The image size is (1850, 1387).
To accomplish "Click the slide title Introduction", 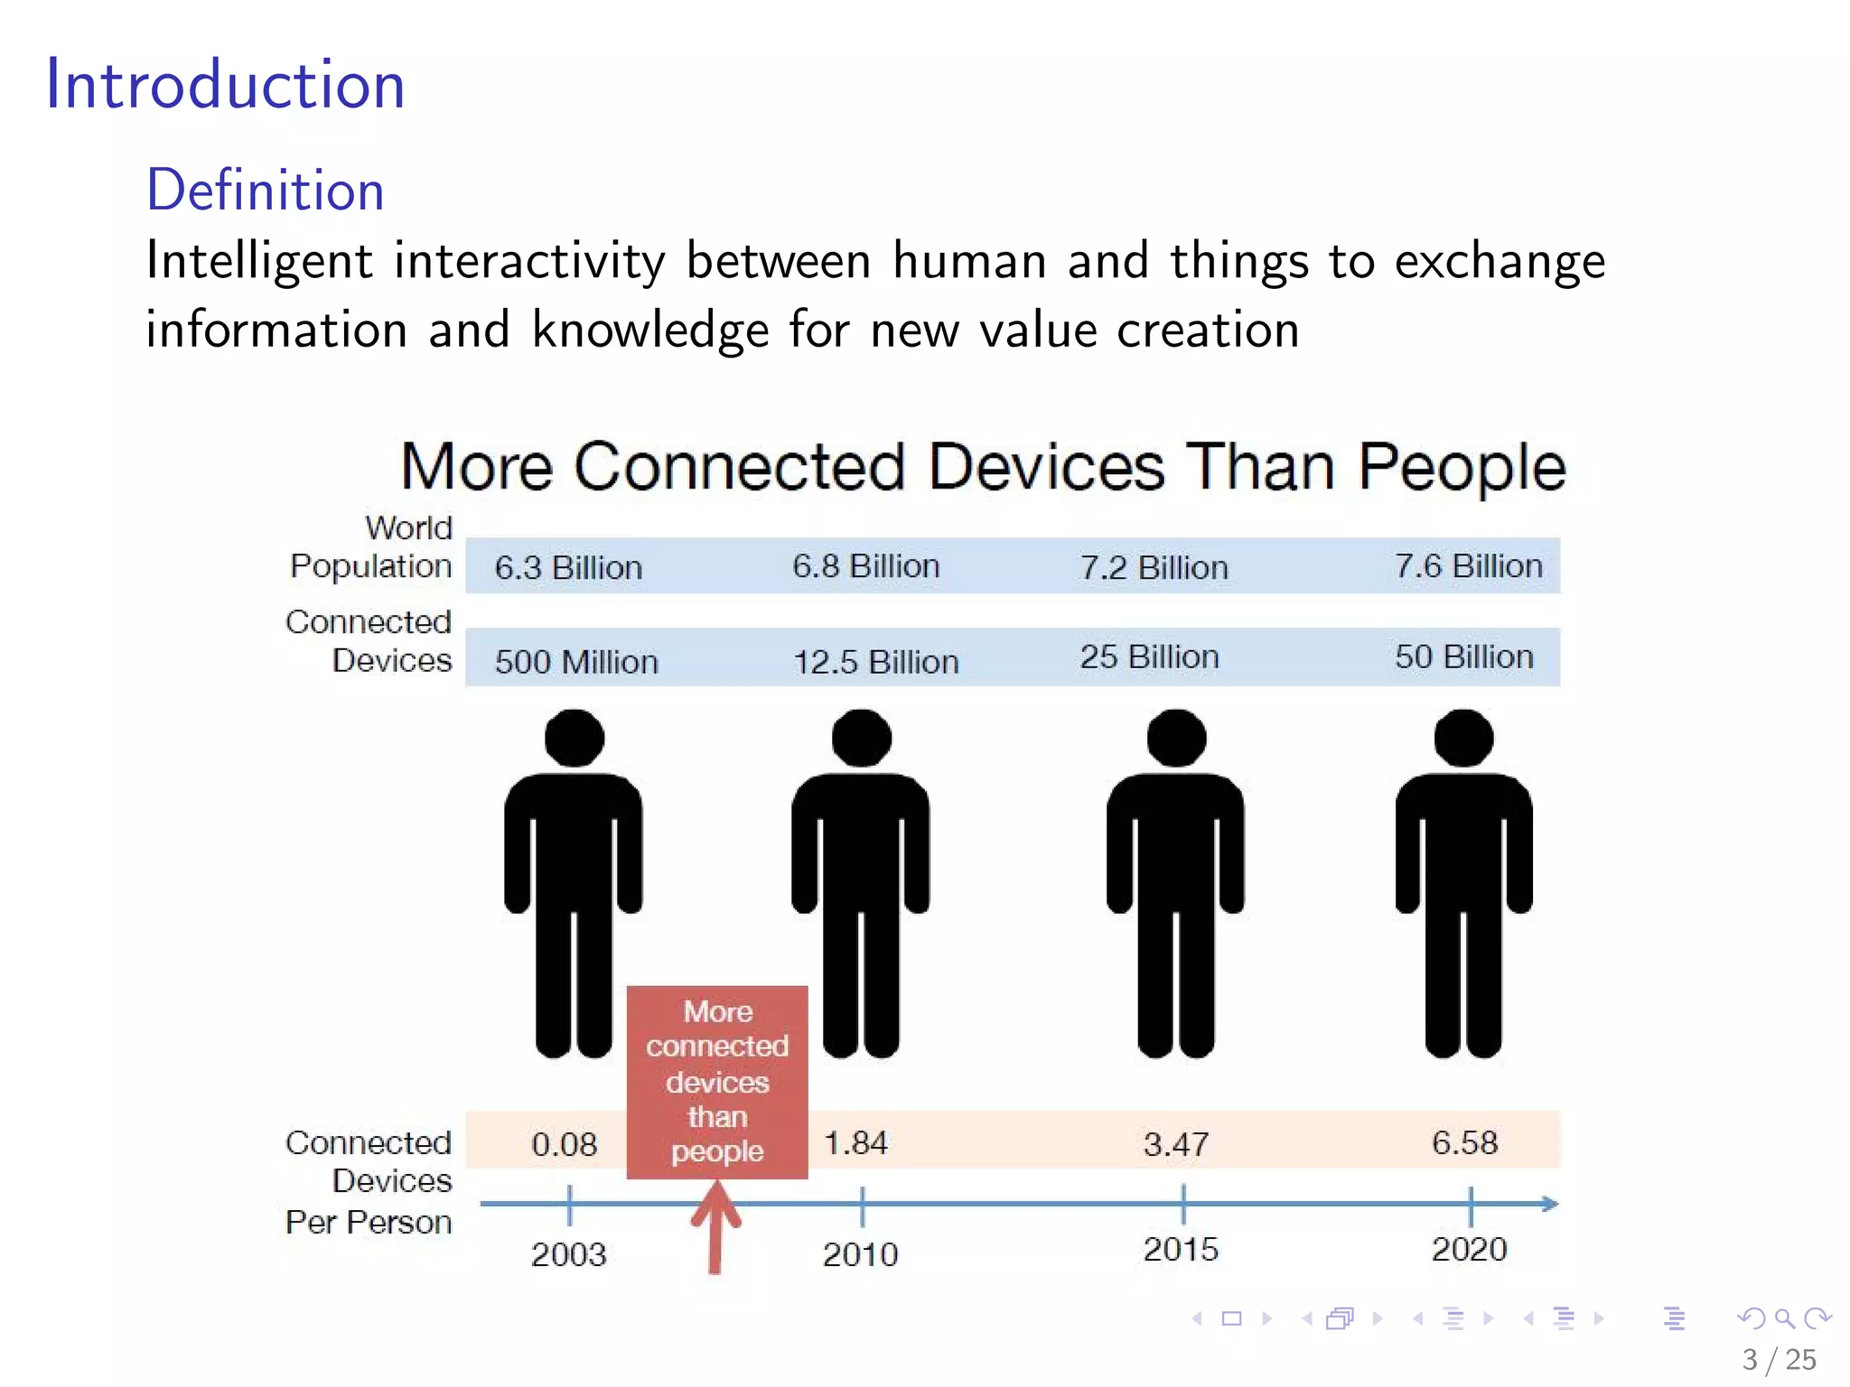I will click(225, 84).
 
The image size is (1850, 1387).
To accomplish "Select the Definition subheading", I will click(266, 190).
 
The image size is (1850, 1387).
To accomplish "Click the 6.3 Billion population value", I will click(568, 568).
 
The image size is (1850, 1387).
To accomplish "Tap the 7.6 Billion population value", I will click(1469, 566).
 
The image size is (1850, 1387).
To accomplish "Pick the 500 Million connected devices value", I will click(576, 662).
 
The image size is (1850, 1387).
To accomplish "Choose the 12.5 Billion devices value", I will click(875, 662).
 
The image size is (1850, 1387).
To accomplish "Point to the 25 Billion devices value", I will click(1149, 656).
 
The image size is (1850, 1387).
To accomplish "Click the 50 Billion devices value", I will click(1463, 656).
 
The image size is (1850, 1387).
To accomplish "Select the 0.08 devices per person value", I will click(564, 1144).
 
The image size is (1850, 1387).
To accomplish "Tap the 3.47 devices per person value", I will click(1175, 1144).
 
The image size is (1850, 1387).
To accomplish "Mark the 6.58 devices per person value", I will click(1464, 1142).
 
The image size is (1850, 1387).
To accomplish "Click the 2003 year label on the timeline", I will click(568, 1254).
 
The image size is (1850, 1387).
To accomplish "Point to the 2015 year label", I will click(1181, 1249).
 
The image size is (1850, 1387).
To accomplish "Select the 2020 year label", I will click(1469, 1249).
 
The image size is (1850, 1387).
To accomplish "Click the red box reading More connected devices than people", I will click(717, 1081).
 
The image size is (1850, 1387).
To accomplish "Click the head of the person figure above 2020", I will click(1463, 738).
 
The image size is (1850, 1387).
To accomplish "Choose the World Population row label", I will click(371, 546).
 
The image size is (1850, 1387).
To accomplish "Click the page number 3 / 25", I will click(1779, 1359).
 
